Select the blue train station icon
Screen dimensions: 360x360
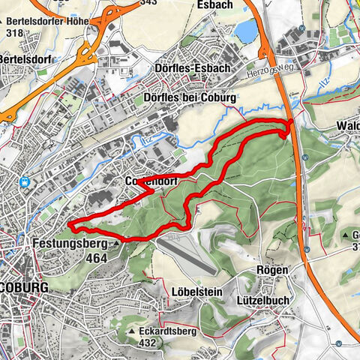pyautogui.click(x=25, y=181)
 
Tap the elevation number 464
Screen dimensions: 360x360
pyautogui.click(x=96, y=258)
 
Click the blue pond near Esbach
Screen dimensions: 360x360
pyautogui.click(x=246, y=30)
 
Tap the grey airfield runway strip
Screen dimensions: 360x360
pyautogui.click(x=189, y=253)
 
